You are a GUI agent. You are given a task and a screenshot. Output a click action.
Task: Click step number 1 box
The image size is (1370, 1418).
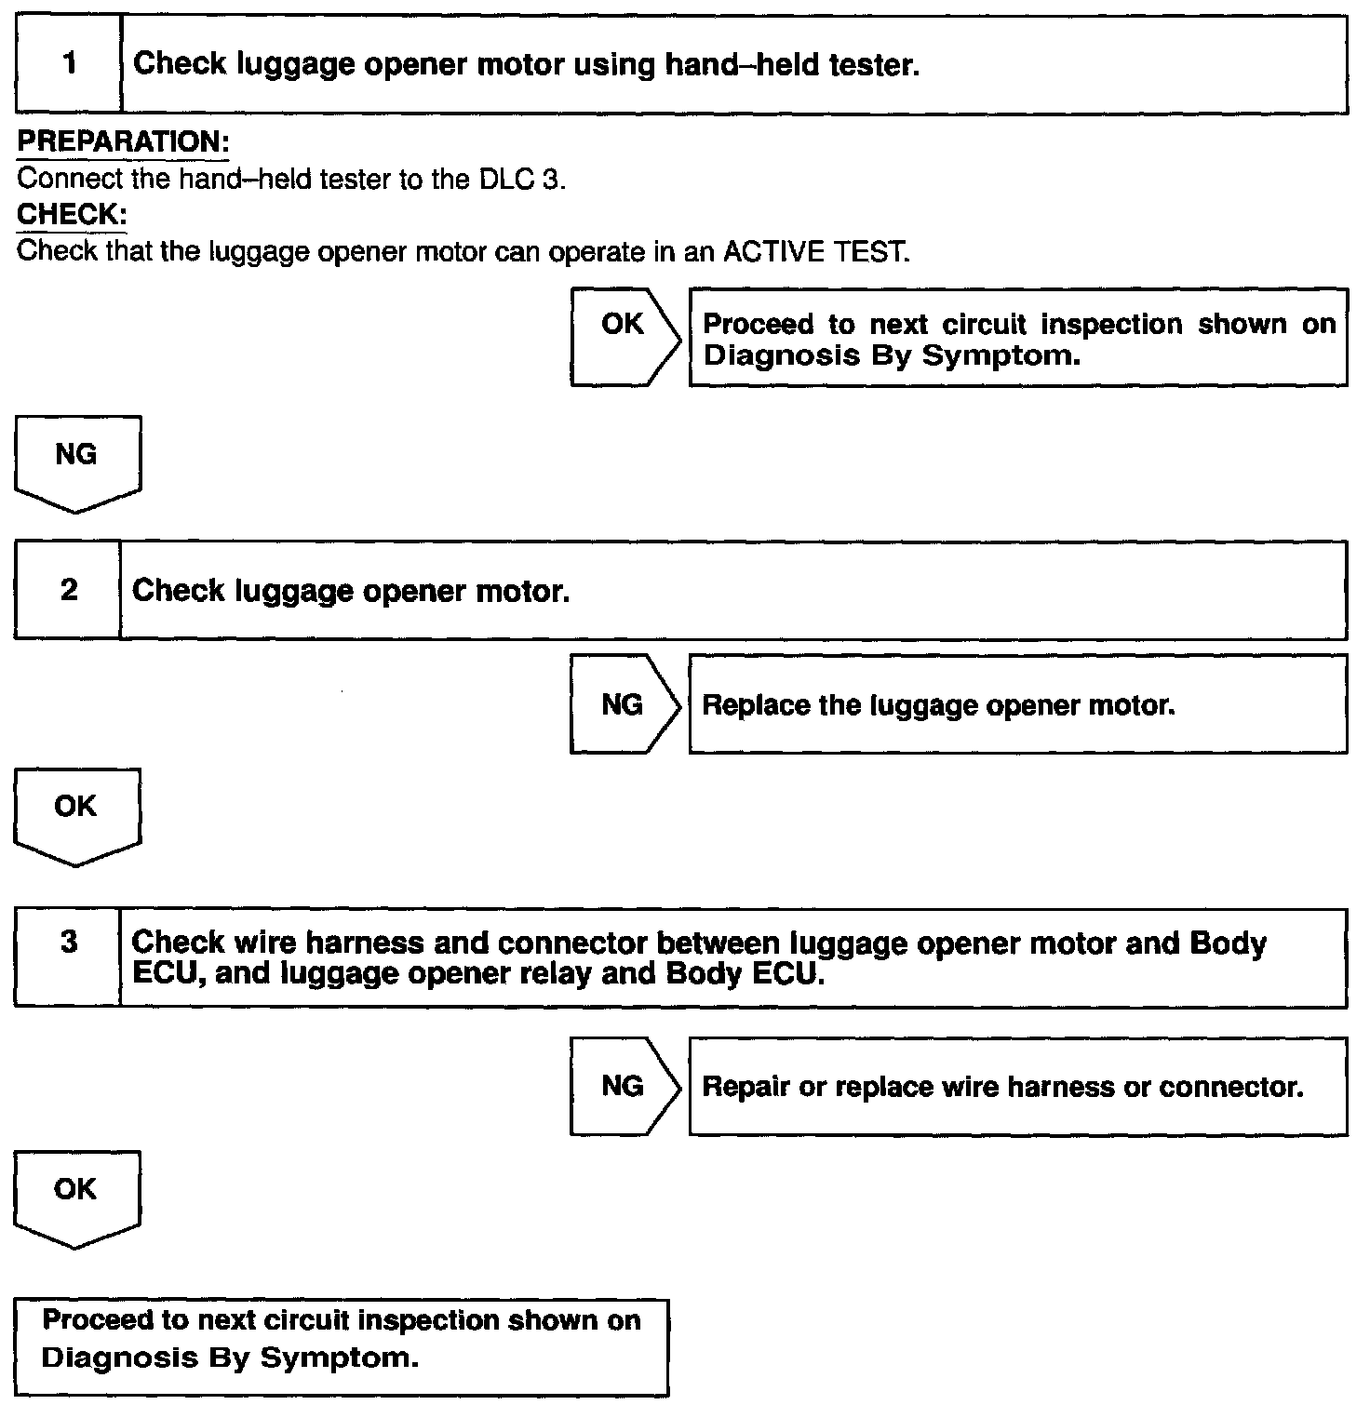pos(69,64)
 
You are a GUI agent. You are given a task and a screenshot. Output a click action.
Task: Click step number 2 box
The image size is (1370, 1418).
pos(68,591)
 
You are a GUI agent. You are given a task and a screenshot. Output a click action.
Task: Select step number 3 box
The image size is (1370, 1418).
pos(68,956)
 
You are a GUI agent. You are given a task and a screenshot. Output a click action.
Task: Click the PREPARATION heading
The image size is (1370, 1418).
pos(123,142)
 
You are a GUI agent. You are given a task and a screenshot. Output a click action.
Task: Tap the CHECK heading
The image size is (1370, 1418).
pos(72,215)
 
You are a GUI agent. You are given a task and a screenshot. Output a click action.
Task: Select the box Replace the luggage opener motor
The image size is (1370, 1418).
pos(1017,704)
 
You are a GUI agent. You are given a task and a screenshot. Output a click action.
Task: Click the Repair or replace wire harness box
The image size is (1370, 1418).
pos(1017,1087)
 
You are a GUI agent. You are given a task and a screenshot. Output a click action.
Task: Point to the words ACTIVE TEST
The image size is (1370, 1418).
pos(815,252)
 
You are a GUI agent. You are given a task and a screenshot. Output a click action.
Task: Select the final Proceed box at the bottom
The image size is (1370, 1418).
pos(342,1346)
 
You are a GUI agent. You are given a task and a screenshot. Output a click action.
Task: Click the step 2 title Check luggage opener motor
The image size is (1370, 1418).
pos(351,591)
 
